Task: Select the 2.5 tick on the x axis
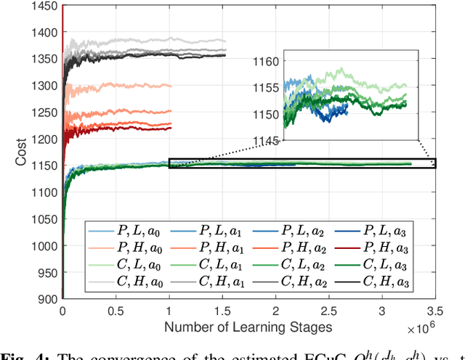point(328,310)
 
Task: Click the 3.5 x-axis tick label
point(435,310)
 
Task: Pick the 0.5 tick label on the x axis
point(116,310)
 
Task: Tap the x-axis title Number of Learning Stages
point(248,327)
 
